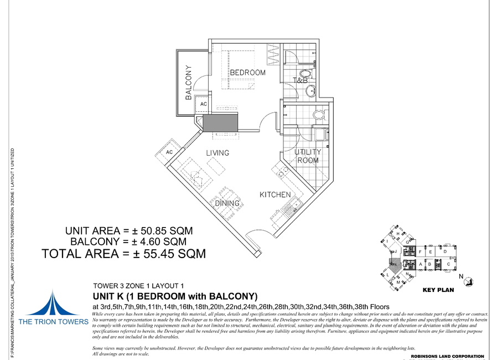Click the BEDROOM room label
pos(247,73)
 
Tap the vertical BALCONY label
pos(189,83)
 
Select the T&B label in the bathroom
pos(299,81)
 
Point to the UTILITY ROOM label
pos(307,156)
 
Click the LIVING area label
pos(217,153)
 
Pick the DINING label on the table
pos(227,203)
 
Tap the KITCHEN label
pos(275,195)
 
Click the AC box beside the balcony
pos(203,104)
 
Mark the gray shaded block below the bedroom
pos(220,122)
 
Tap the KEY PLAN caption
pos(438,290)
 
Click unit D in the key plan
pos(444,252)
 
